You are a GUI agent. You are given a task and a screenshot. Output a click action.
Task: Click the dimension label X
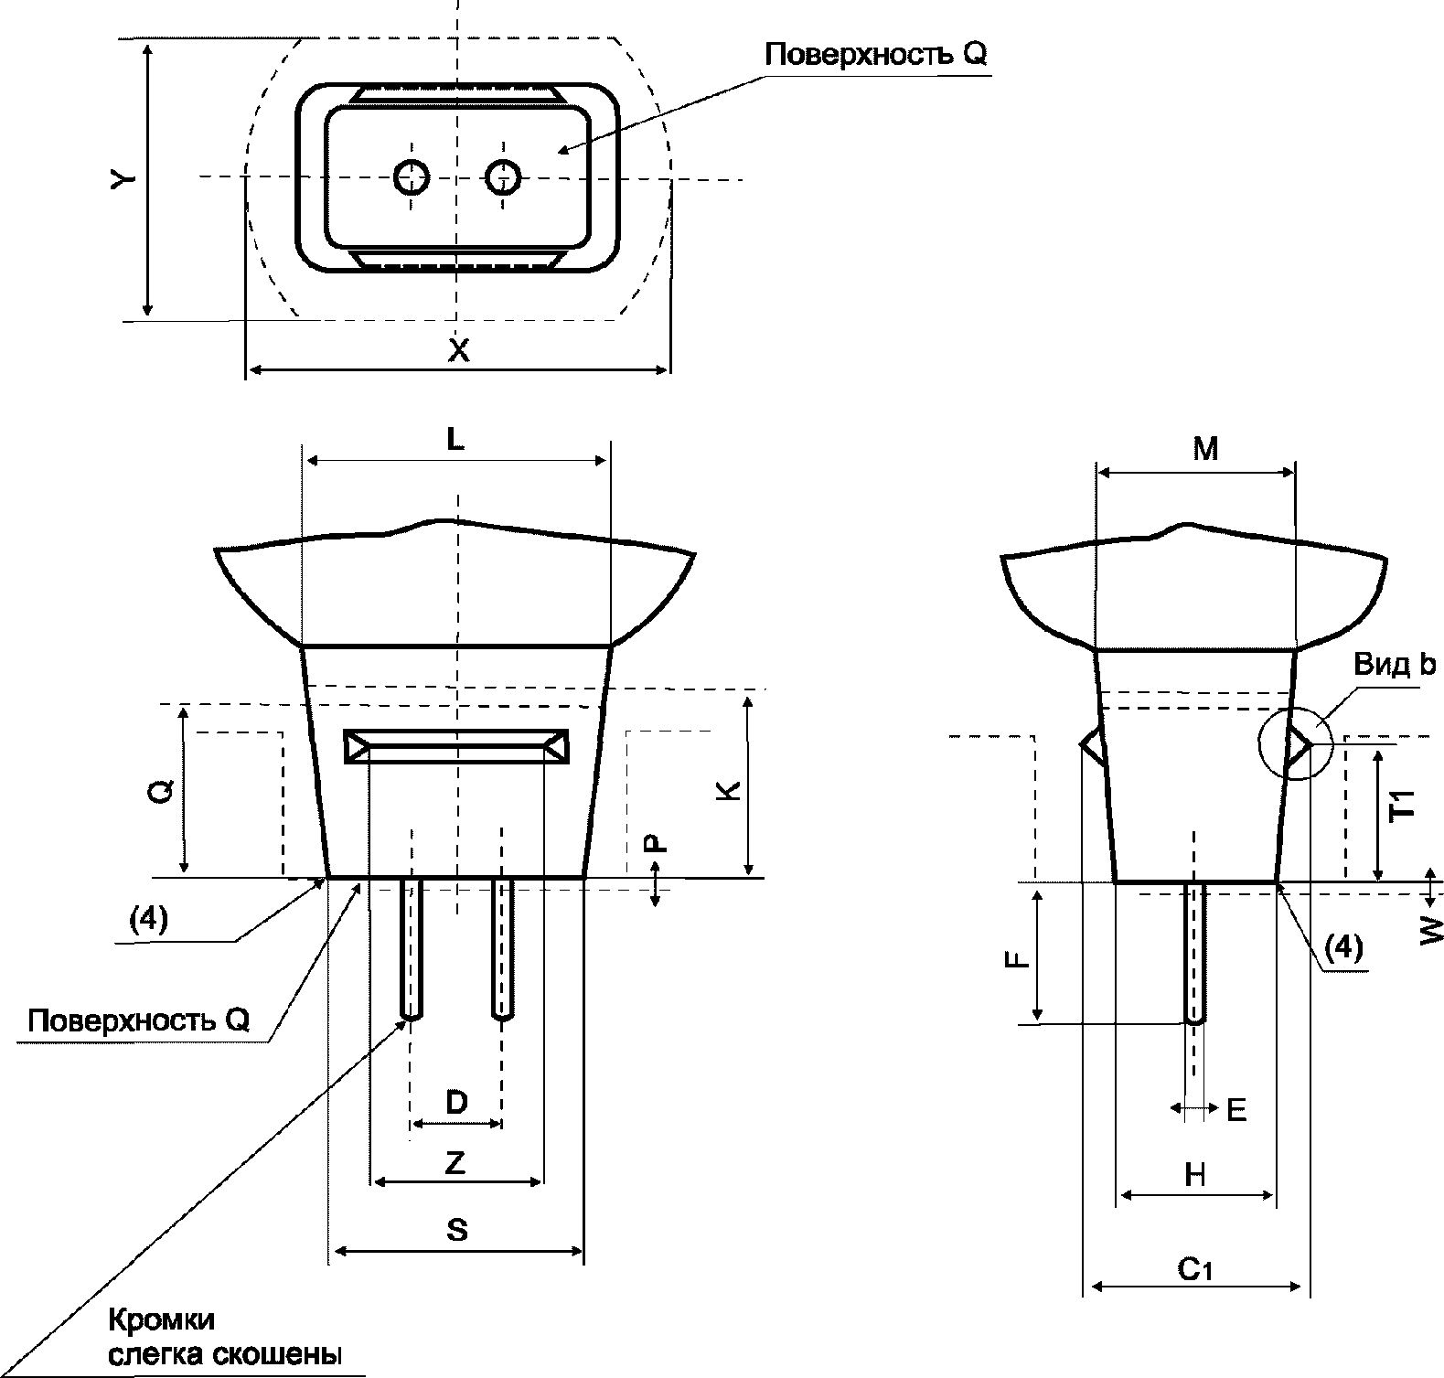coord(458,348)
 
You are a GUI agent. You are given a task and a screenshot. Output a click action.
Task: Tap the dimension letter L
coord(455,440)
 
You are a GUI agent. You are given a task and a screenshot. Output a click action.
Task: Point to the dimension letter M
coord(1206,448)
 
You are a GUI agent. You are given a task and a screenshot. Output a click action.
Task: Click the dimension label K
coord(727,790)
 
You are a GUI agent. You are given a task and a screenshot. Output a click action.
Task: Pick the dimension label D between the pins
coord(456,1102)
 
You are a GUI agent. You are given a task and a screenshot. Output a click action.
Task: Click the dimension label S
coord(457,1230)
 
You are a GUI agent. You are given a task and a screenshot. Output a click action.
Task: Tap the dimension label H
coord(1194,1175)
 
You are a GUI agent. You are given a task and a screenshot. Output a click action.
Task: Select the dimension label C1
coord(1194,1269)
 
